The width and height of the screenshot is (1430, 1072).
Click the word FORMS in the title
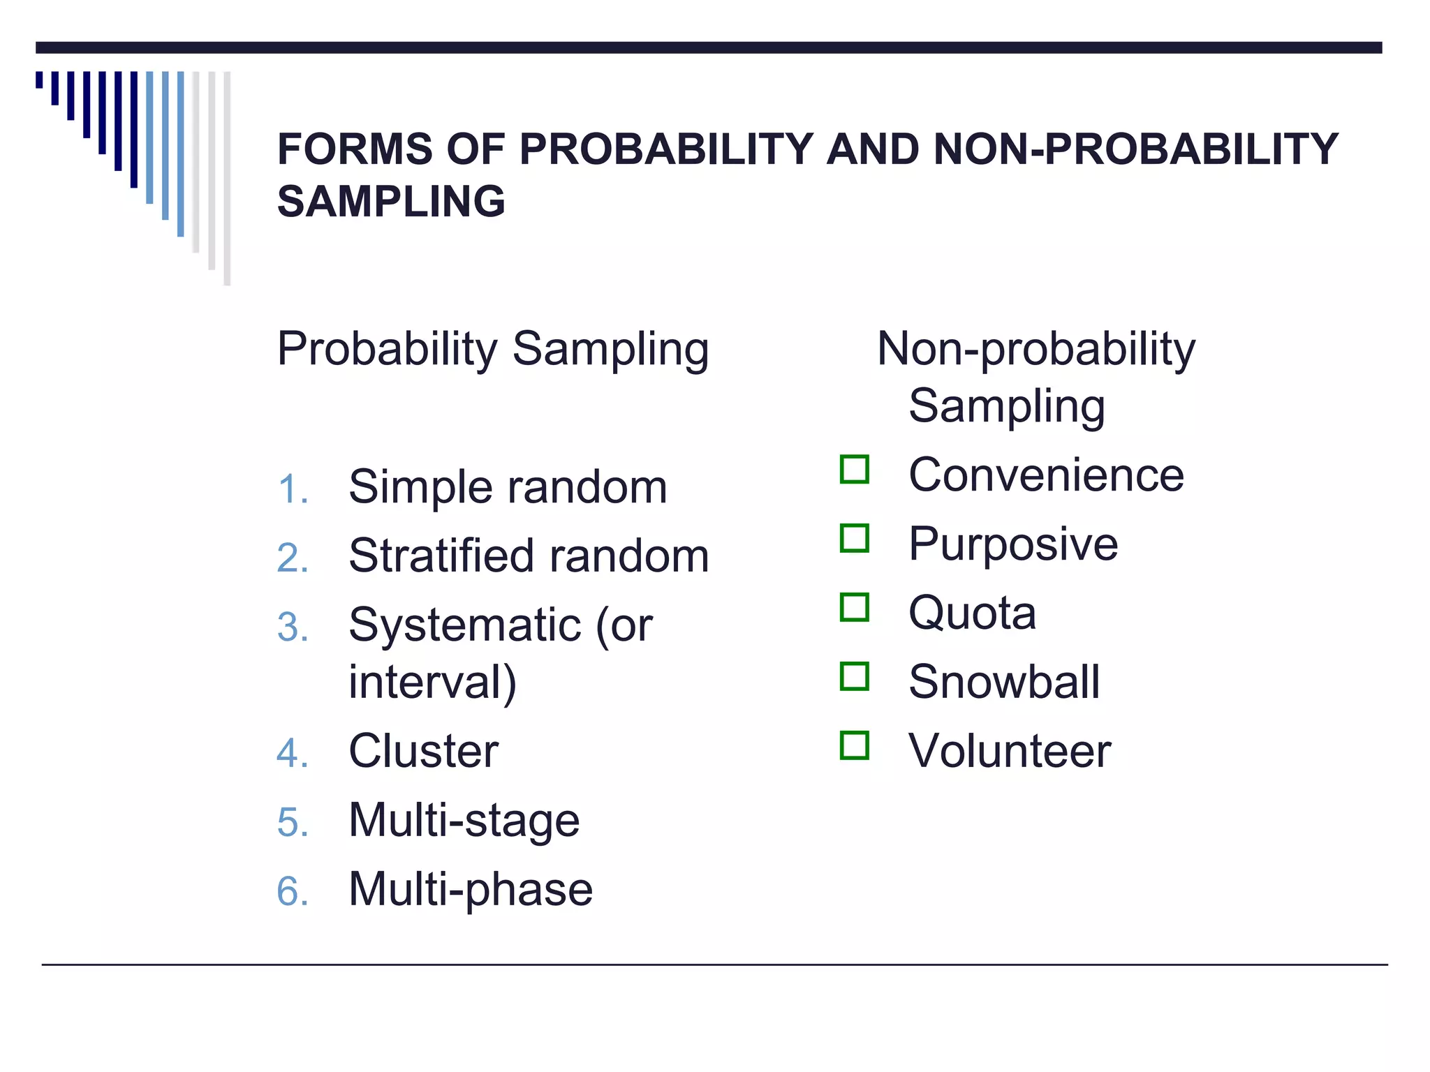tap(355, 149)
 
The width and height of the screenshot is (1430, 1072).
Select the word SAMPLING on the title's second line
tap(391, 202)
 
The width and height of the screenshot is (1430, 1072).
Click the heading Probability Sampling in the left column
tap(493, 349)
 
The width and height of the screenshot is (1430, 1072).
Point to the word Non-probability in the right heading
tap(1036, 349)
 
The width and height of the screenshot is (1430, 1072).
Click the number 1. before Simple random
tap(293, 489)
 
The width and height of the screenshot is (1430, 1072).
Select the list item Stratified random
tap(529, 556)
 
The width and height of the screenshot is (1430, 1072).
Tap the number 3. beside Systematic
tap(293, 627)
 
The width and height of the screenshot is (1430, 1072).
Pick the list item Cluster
tap(424, 752)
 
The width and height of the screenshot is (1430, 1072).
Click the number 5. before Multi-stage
tap(293, 822)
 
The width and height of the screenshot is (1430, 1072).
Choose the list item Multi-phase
tap(471, 890)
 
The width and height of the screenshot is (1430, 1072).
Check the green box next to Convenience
tap(855, 470)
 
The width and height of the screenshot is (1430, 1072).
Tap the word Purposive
tap(1013, 544)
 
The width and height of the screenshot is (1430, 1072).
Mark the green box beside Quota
tap(855, 607)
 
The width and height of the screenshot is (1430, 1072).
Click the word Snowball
tap(1004, 682)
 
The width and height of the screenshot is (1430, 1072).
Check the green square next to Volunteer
tap(855, 745)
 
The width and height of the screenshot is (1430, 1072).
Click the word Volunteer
tap(1010, 752)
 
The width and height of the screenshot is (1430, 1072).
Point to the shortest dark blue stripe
tap(39, 80)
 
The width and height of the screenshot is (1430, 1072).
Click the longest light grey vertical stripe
tap(227, 178)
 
